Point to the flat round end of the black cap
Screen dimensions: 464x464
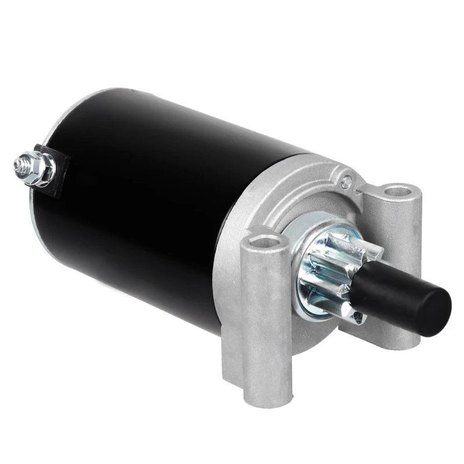pyautogui.click(x=438, y=313)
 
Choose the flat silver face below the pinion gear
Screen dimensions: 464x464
pyautogui.click(x=313, y=342)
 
